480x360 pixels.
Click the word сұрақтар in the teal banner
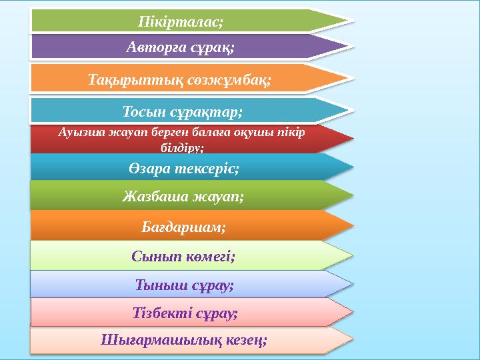[210, 109]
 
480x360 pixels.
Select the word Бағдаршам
[183, 227]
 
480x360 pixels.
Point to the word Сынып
[154, 255]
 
